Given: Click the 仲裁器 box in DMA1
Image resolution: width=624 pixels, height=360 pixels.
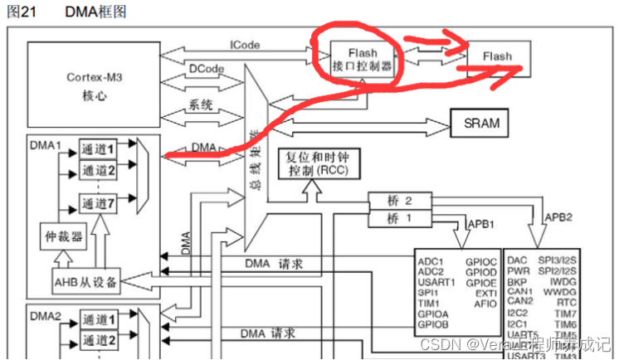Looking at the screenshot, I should [64, 237].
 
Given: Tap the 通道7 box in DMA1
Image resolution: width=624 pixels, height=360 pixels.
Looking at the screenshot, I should [104, 203].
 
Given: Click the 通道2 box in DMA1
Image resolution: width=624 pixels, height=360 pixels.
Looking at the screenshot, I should [104, 170].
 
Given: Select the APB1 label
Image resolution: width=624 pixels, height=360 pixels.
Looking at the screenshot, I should [483, 224].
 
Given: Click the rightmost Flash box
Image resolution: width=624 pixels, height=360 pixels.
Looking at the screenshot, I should [499, 56].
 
